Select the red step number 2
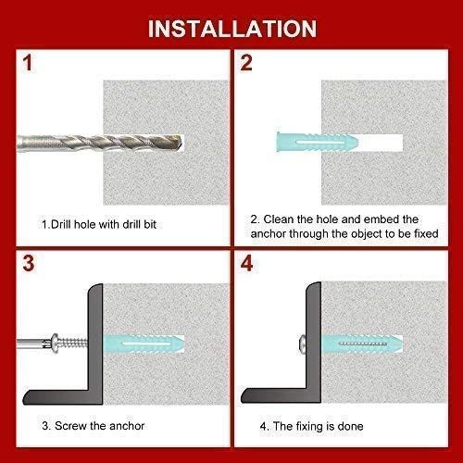(246, 66)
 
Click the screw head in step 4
(307, 344)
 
